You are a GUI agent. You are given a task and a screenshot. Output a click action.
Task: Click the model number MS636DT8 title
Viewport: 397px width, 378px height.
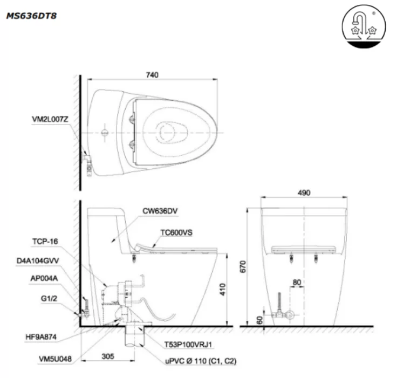(x=31, y=16)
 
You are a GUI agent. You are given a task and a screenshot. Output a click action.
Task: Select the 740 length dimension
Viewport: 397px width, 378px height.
(x=152, y=75)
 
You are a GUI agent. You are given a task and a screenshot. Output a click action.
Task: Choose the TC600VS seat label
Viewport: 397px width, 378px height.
(x=176, y=232)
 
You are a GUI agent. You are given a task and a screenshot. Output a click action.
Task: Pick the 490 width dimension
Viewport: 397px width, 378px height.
(x=305, y=194)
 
